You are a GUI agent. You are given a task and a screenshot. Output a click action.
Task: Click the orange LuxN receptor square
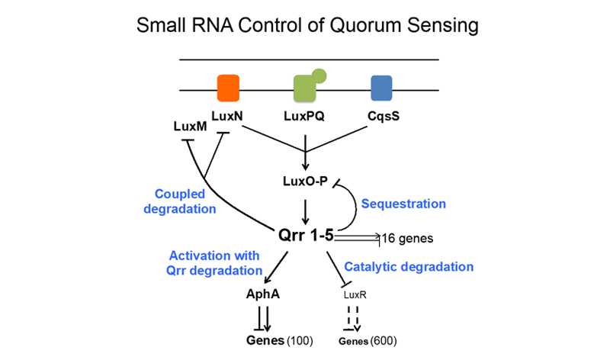coord(228,88)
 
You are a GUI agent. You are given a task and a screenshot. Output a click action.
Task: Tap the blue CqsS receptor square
coord(381,88)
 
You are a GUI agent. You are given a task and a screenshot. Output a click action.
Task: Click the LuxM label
coord(190,127)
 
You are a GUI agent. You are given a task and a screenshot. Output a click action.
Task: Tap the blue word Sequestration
coord(403,204)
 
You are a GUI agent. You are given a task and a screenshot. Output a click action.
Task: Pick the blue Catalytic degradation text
coord(409,267)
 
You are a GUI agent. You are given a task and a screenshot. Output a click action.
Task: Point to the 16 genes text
coord(407,239)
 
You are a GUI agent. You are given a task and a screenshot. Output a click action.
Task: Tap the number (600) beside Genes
coord(382,340)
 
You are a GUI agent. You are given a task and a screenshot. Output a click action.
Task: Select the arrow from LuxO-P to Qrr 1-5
coord(305,207)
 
